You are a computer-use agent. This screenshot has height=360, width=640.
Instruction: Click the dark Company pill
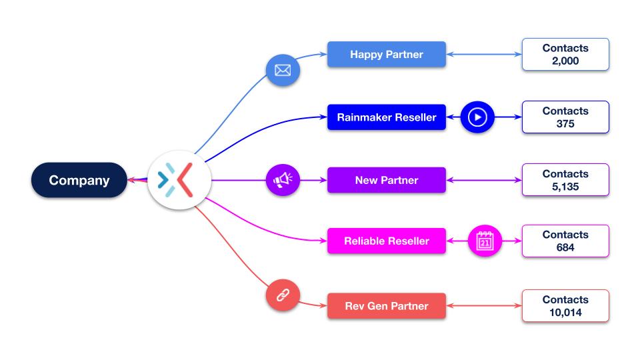79,180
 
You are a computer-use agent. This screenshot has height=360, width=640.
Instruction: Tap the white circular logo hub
179,180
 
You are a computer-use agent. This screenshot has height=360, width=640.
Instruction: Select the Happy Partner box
386,55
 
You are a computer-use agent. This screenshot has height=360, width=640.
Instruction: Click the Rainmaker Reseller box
386,117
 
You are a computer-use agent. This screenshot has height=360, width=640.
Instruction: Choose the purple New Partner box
386,180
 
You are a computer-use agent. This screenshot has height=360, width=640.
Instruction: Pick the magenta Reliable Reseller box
386,241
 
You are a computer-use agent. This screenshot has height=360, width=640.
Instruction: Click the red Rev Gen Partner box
386,306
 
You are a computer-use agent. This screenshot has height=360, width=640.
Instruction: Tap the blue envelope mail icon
283,70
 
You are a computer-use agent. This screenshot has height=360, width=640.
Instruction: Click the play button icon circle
477,117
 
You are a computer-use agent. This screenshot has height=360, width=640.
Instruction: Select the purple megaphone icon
283,179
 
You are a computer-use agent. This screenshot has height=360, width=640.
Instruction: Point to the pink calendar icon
485,241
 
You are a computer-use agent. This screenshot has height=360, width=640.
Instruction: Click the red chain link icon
283,295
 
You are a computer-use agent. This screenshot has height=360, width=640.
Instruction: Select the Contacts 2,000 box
565,55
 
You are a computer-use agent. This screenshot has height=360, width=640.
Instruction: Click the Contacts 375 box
565,117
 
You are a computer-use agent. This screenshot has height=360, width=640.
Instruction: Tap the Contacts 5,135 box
565,180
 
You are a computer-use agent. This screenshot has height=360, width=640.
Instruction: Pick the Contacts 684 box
565,241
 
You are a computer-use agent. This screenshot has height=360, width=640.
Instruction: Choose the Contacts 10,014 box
565,306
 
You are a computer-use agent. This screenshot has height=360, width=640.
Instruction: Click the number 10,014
565,312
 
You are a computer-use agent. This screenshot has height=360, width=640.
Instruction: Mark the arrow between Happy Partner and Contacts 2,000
483,55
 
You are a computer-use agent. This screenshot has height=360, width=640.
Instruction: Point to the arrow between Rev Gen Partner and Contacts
483,306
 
